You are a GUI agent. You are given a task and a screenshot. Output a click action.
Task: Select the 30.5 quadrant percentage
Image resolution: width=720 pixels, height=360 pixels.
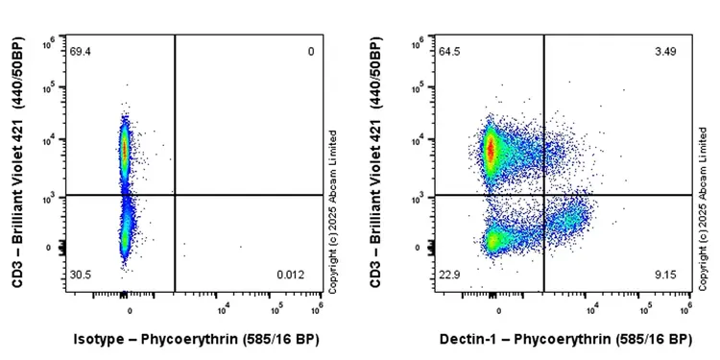click(81, 276)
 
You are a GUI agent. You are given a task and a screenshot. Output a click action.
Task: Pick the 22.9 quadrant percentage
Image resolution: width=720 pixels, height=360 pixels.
click(449, 276)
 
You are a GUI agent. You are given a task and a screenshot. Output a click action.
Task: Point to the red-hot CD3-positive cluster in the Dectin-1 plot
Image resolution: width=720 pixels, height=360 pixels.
click(491, 150)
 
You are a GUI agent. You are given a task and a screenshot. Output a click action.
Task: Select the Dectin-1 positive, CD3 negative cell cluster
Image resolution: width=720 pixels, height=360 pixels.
click(568, 221)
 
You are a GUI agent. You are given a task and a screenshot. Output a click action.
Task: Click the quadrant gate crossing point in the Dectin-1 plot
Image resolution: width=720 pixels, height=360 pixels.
click(544, 195)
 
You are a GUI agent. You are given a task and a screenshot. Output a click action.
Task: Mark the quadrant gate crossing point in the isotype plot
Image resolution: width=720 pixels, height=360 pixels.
click(175, 195)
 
